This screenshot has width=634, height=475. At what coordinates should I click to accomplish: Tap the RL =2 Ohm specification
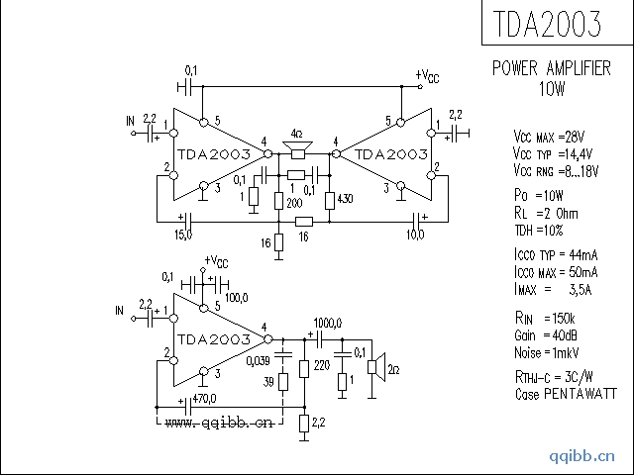click(x=546, y=213)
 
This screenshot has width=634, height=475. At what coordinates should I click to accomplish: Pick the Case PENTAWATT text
click(x=555, y=394)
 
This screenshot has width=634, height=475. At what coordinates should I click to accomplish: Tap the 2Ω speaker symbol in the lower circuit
click(x=375, y=370)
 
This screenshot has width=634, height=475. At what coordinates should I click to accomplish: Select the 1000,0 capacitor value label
click(x=327, y=324)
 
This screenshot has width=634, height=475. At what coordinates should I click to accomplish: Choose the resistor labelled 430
click(x=330, y=200)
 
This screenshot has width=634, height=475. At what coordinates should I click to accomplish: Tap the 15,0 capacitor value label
click(x=183, y=234)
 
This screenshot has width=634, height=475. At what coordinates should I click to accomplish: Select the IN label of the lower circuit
click(x=121, y=312)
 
